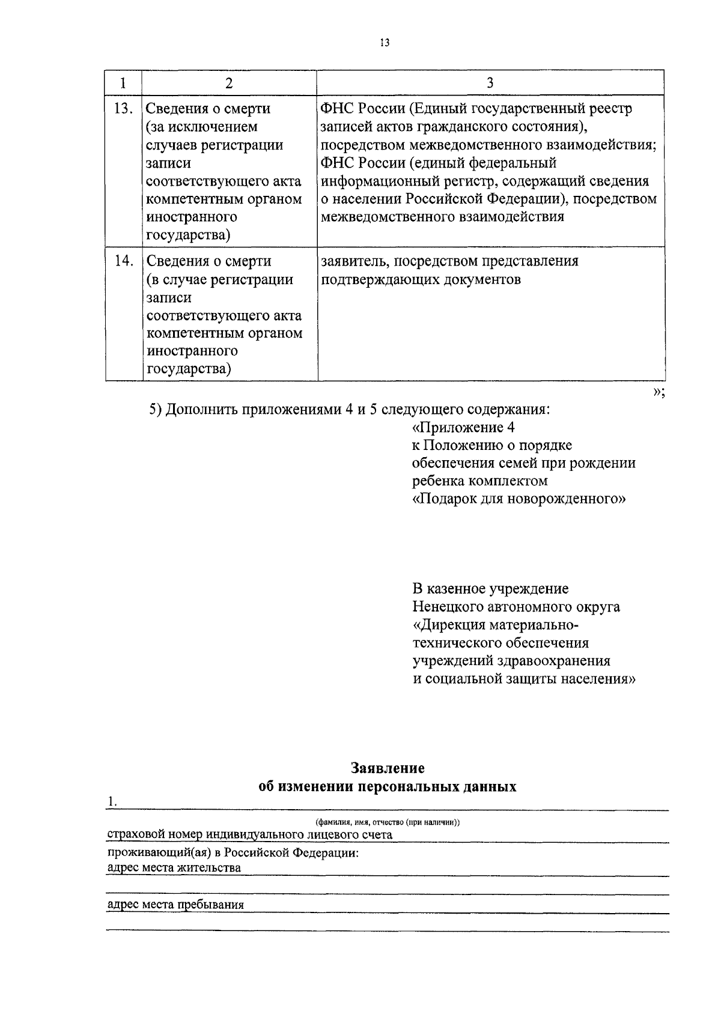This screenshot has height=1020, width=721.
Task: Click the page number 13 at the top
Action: (x=385, y=43)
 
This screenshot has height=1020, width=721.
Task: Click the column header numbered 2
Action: (x=229, y=83)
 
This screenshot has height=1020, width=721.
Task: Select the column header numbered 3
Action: (x=490, y=83)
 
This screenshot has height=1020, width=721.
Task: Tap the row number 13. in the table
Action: (x=123, y=109)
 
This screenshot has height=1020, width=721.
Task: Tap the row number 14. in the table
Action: (x=123, y=261)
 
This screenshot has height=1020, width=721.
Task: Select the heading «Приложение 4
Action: (x=464, y=427)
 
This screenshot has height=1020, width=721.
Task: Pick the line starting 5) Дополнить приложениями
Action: (x=350, y=410)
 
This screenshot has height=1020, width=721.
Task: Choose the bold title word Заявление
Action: (x=388, y=768)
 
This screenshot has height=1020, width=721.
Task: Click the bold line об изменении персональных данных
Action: (x=388, y=786)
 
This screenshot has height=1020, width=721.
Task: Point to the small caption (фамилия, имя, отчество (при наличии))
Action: (x=388, y=822)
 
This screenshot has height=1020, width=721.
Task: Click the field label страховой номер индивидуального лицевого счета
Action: (x=249, y=835)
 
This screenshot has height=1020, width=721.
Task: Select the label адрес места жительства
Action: (x=174, y=868)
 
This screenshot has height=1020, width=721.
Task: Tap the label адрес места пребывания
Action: (x=175, y=905)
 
